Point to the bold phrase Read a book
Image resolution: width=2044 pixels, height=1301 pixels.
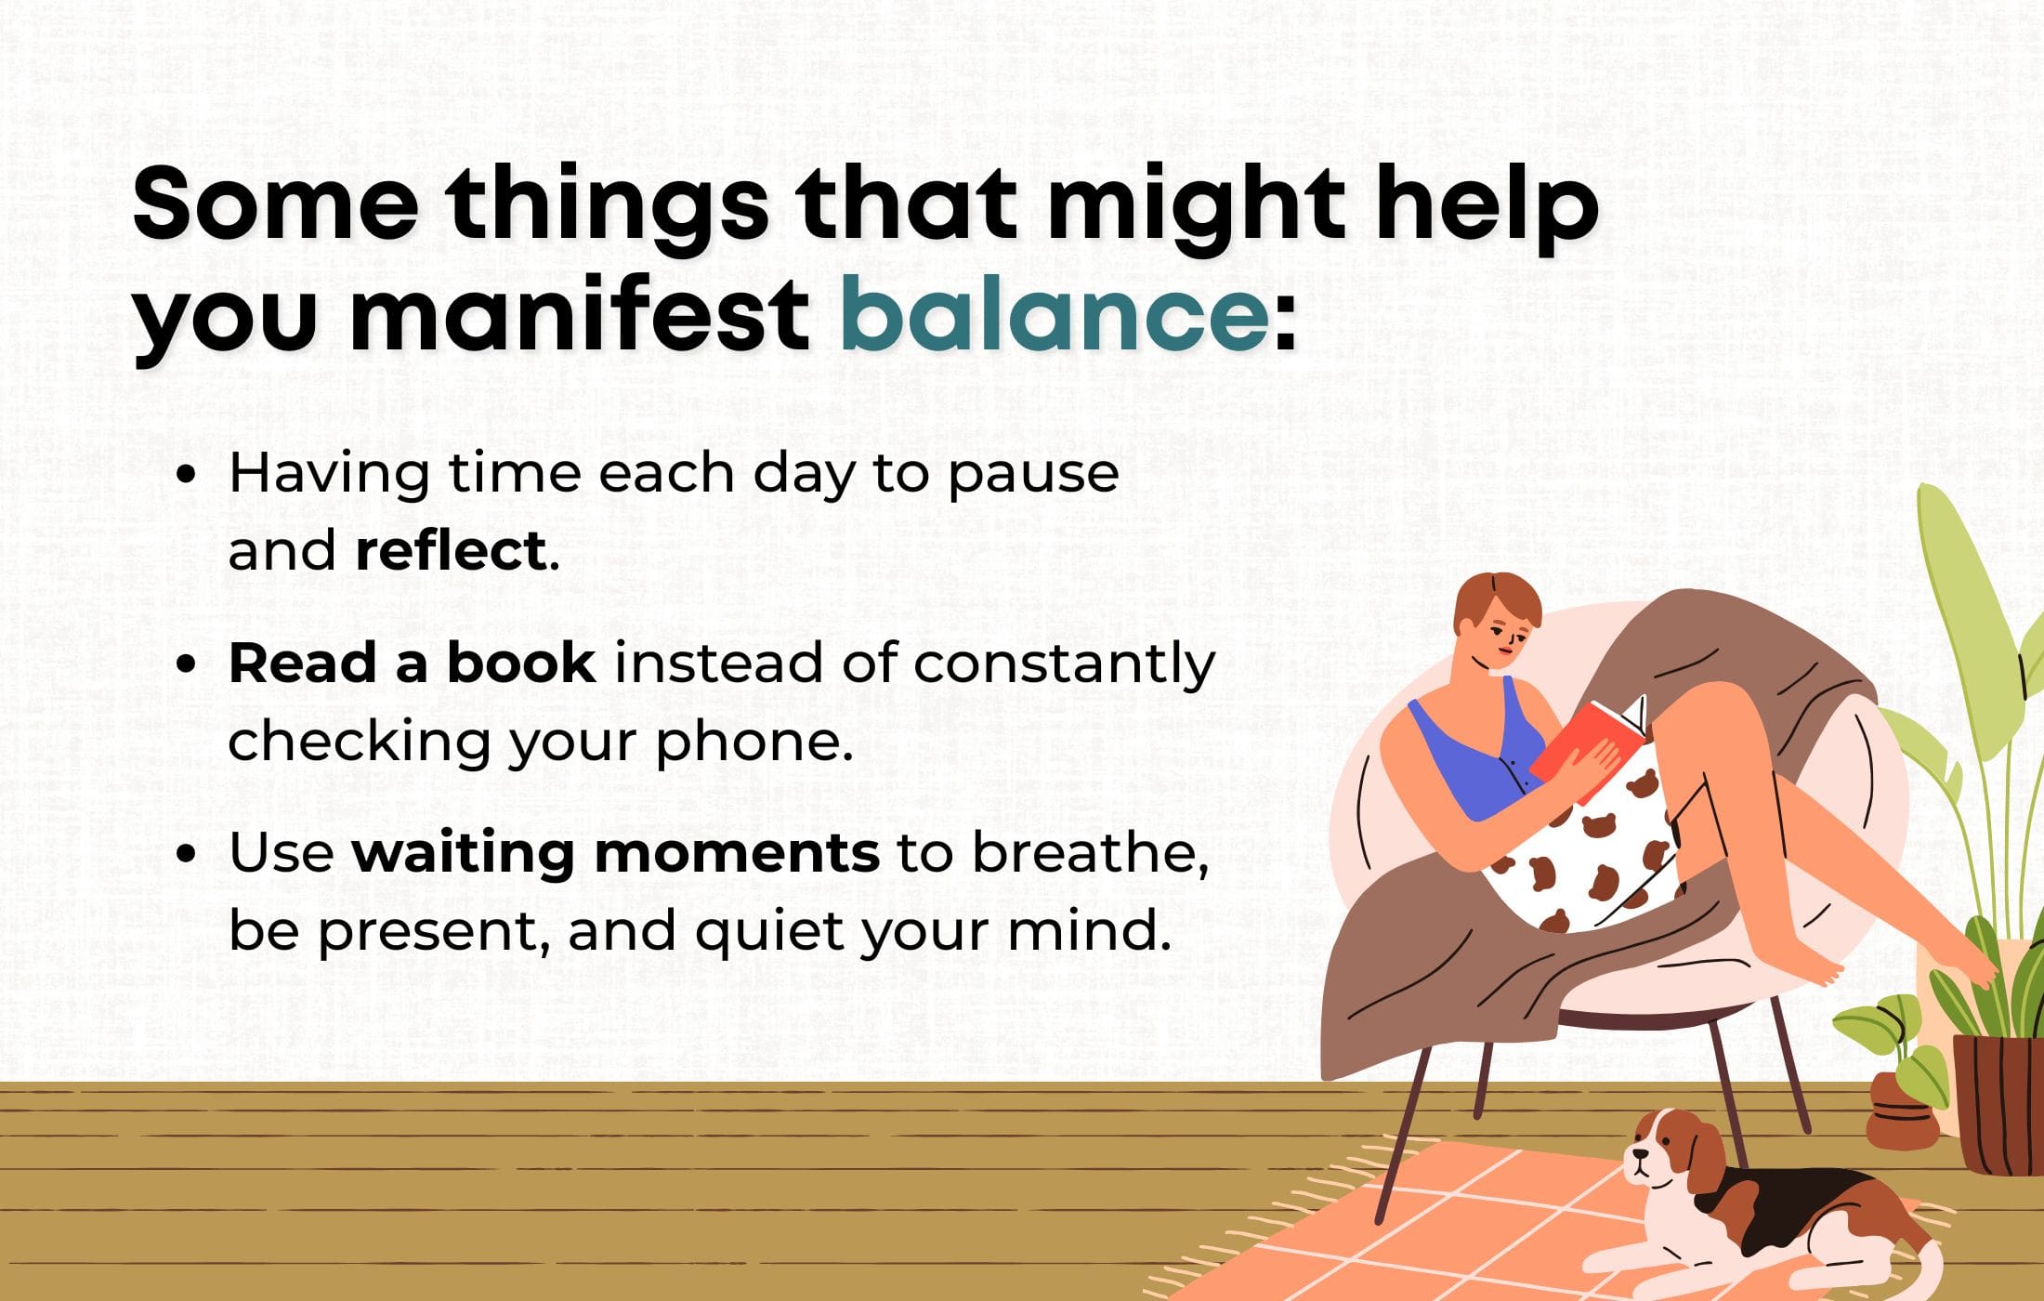click(412, 664)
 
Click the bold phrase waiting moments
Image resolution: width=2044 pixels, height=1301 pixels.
click(615, 852)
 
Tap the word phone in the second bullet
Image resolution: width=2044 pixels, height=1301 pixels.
click(752, 742)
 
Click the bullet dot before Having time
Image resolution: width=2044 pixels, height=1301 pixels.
click(186, 474)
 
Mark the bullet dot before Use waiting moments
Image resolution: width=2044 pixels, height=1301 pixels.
click(186, 853)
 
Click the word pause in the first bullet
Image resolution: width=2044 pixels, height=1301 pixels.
click(1032, 474)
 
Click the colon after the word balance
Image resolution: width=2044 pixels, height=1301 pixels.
click(1285, 321)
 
